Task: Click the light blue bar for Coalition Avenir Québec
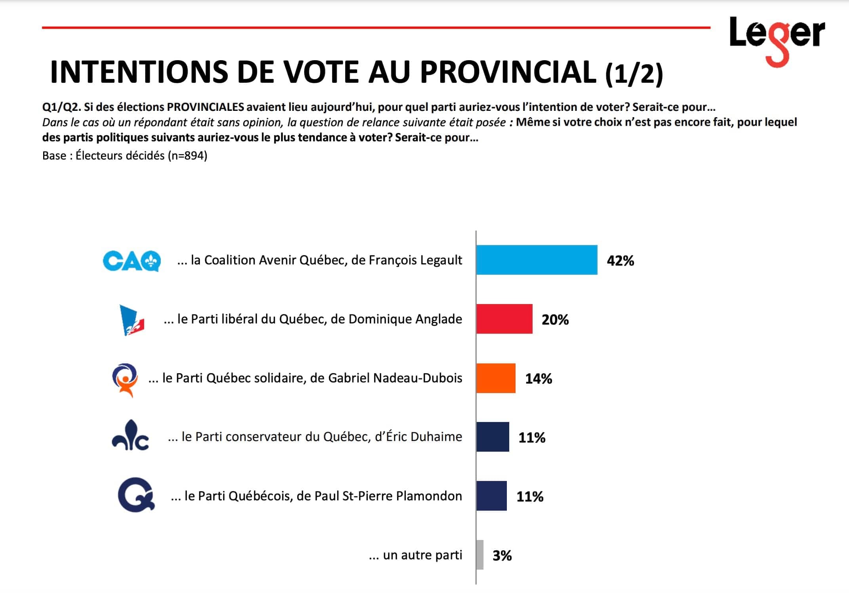coord(537,260)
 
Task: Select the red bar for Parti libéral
coord(504,319)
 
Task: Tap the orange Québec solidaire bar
coord(496,378)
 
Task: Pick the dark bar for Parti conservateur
coord(493,437)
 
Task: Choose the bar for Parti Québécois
coord(491,496)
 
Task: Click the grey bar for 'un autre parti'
coord(480,555)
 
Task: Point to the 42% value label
coord(621,260)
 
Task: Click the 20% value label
coord(555,319)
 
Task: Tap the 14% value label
coord(539,379)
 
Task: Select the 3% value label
coord(502,555)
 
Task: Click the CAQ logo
coord(132,261)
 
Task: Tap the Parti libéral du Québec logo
coord(132,320)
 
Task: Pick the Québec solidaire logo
coord(125,380)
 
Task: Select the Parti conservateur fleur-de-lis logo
coord(130,436)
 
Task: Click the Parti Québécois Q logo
coord(136,495)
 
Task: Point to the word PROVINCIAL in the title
coord(508,72)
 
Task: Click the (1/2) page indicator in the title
coord(634,74)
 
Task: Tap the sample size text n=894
coord(187,156)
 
